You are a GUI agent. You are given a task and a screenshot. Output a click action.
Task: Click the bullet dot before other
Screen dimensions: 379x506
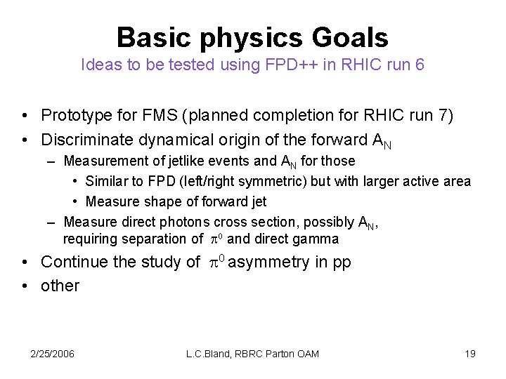tap(25, 286)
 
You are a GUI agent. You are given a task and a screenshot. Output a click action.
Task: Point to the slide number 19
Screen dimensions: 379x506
tap(470, 354)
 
